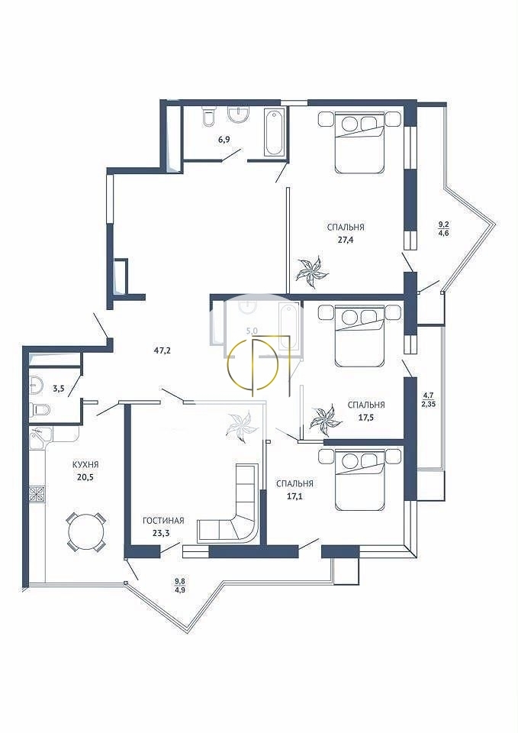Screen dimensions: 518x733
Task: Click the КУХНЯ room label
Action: pyautogui.click(x=85, y=465)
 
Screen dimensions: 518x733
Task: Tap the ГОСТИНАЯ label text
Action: pyautogui.click(x=163, y=521)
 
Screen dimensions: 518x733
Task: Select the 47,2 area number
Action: pyautogui.click(x=162, y=349)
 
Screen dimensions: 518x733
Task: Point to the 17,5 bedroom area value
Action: pyautogui.click(x=365, y=416)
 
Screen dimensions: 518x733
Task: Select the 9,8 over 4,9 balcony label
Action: pyautogui.click(x=180, y=585)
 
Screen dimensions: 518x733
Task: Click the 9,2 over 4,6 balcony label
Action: pyautogui.click(x=443, y=230)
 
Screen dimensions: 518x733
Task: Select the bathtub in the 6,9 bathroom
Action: pyautogui.click(x=274, y=132)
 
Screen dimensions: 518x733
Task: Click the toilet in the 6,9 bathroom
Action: pyautogui.click(x=208, y=115)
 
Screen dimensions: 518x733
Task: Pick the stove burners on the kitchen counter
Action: pyautogui.click(x=37, y=494)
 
